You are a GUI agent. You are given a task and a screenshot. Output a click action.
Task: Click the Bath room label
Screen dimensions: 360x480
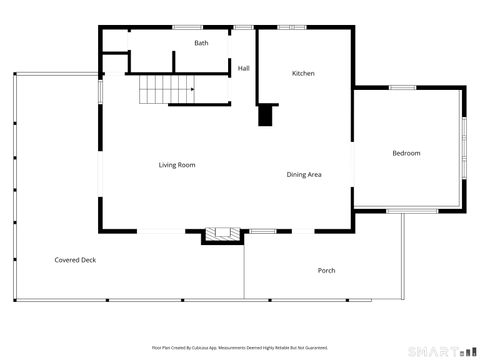pos(201,43)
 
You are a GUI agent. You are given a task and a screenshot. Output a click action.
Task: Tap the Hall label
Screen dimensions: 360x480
pos(243,68)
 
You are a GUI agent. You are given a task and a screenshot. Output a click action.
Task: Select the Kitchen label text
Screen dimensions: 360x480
pos(303,73)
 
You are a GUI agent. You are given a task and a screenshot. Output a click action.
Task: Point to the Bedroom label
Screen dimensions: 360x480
pos(405,153)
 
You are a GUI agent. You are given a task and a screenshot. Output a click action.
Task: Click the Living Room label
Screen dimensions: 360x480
pos(176,164)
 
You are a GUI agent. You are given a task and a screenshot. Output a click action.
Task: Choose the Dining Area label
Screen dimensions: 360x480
pos(303,175)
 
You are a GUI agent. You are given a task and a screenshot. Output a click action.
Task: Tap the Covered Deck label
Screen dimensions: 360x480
pos(75,260)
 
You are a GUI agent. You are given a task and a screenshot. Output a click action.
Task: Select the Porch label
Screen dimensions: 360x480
pos(326,271)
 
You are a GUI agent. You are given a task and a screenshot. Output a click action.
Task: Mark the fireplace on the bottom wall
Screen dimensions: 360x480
pos(222,235)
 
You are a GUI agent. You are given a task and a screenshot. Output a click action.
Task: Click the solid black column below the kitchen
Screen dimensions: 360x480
pos(265,115)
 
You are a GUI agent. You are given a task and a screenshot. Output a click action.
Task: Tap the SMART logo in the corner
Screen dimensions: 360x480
pos(439,350)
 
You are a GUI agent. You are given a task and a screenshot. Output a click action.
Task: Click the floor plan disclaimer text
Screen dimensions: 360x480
pos(239,347)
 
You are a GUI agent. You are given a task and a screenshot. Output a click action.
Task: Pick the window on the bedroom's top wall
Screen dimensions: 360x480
pos(402,88)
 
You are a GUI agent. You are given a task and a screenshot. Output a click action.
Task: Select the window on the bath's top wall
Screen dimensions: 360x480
pos(187,28)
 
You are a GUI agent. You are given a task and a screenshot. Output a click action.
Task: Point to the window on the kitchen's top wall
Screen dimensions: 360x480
pos(291,28)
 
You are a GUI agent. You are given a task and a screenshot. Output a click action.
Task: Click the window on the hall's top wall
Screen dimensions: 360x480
pos(243,28)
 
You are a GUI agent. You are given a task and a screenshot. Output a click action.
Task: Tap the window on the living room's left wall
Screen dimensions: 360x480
pos(99,90)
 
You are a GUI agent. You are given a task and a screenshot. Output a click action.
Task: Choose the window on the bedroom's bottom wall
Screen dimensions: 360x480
pos(412,210)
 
